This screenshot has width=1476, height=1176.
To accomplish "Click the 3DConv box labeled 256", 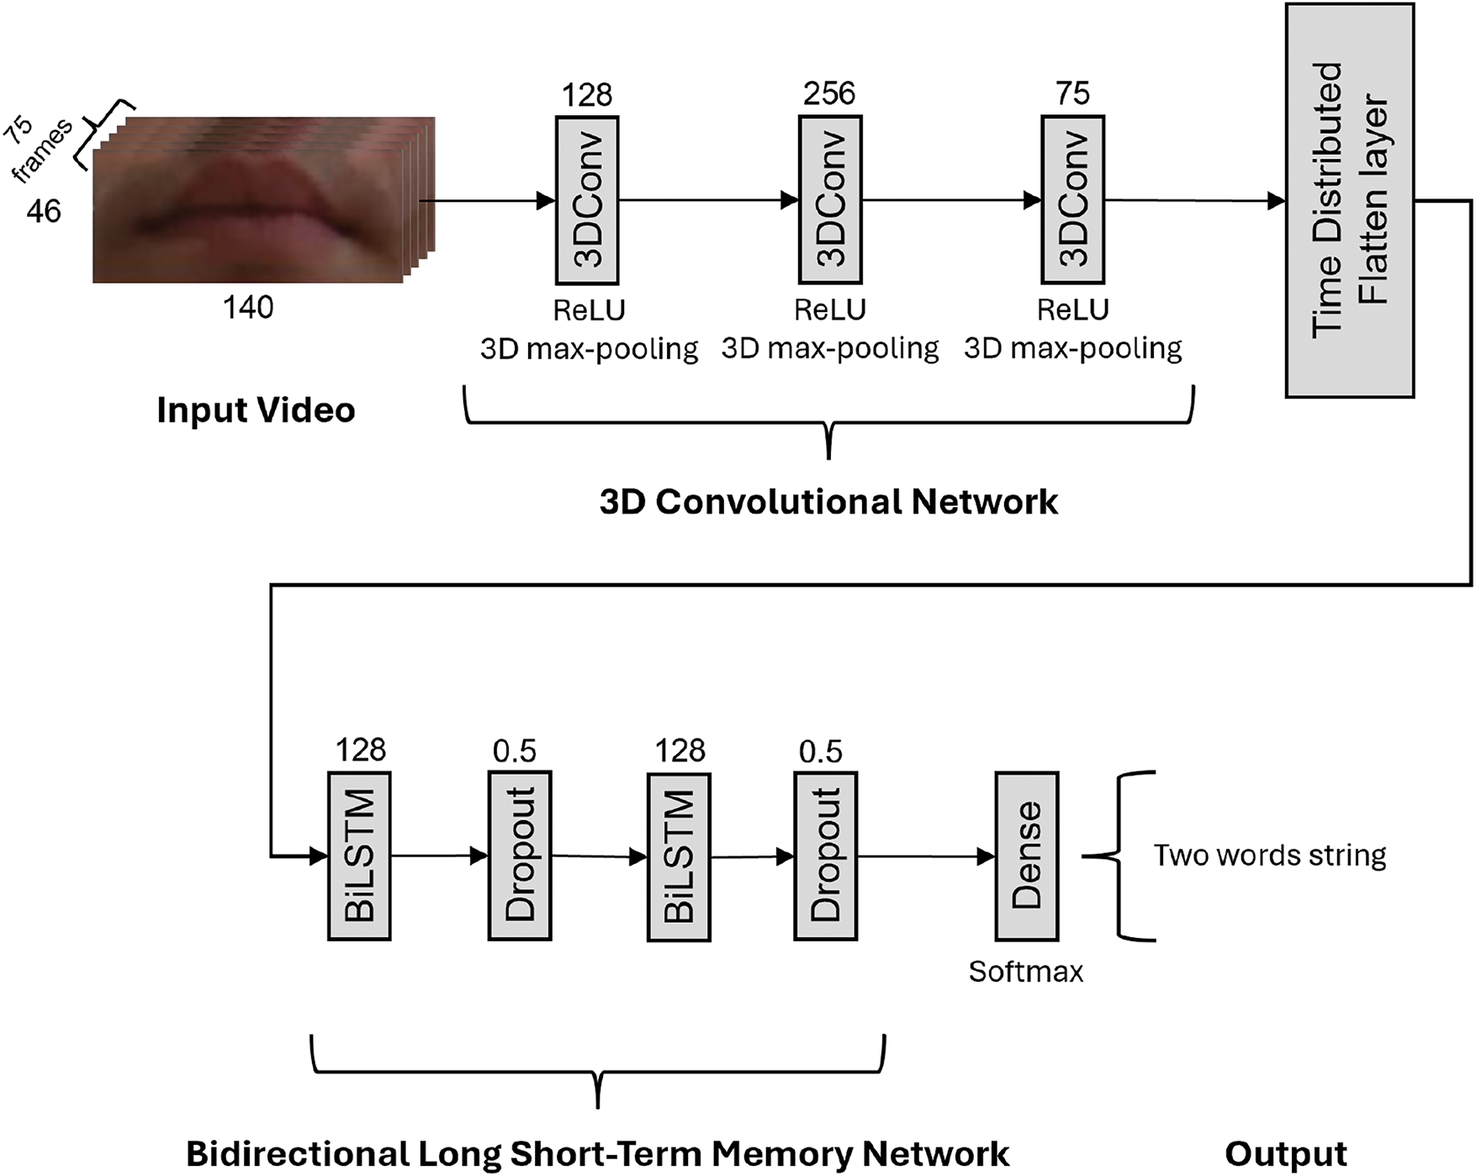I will (829, 200).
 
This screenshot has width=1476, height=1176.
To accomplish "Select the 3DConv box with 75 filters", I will (1072, 200).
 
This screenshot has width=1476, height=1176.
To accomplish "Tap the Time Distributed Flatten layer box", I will (1349, 200).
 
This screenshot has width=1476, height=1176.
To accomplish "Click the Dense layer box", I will (1026, 856).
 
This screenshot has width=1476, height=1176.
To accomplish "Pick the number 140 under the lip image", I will (248, 308).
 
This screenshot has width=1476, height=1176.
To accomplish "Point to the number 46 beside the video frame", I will (44, 211).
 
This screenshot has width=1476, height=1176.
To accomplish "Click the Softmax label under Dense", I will (1025, 972).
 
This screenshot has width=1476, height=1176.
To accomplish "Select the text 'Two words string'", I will (1269, 856).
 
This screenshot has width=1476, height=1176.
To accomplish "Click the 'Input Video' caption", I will (256, 411).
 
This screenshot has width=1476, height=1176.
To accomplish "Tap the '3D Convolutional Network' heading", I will (828, 502).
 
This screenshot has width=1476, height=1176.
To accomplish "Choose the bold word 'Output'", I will (1286, 1154).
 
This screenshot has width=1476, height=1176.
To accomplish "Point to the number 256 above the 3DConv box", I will (829, 93).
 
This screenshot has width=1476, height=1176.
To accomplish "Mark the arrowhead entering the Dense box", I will (986, 856).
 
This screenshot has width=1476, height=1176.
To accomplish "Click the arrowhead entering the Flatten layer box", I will (1276, 201).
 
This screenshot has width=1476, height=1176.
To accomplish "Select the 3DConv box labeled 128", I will (587, 200).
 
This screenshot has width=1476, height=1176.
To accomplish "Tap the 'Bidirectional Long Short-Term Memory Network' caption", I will (597, 1154).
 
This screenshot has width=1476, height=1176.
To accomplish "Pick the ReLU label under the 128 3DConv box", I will (589, 310).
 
